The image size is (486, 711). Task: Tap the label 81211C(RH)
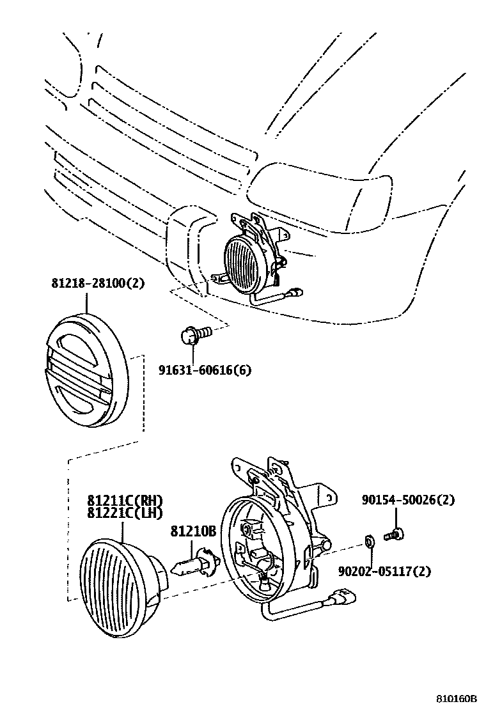tap(125, 500)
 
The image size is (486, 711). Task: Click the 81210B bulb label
tap(193, 531)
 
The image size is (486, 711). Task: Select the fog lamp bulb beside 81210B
tap(196, 564)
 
